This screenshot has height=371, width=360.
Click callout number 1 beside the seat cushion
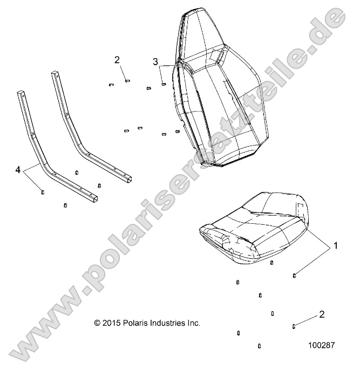tap(335, 246)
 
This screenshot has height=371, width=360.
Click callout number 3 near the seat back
tap(155, 62)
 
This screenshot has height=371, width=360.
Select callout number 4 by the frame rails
tap(18, 170)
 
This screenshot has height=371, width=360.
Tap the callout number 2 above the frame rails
tap(117, 59)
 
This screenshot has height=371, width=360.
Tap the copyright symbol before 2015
tap(97, 323)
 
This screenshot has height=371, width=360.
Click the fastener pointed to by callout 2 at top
tap(127, 81)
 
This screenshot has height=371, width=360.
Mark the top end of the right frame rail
tap(55, 73)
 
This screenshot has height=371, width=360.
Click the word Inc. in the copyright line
tap(193, 323)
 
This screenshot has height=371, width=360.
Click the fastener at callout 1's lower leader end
tap(294, 276)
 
